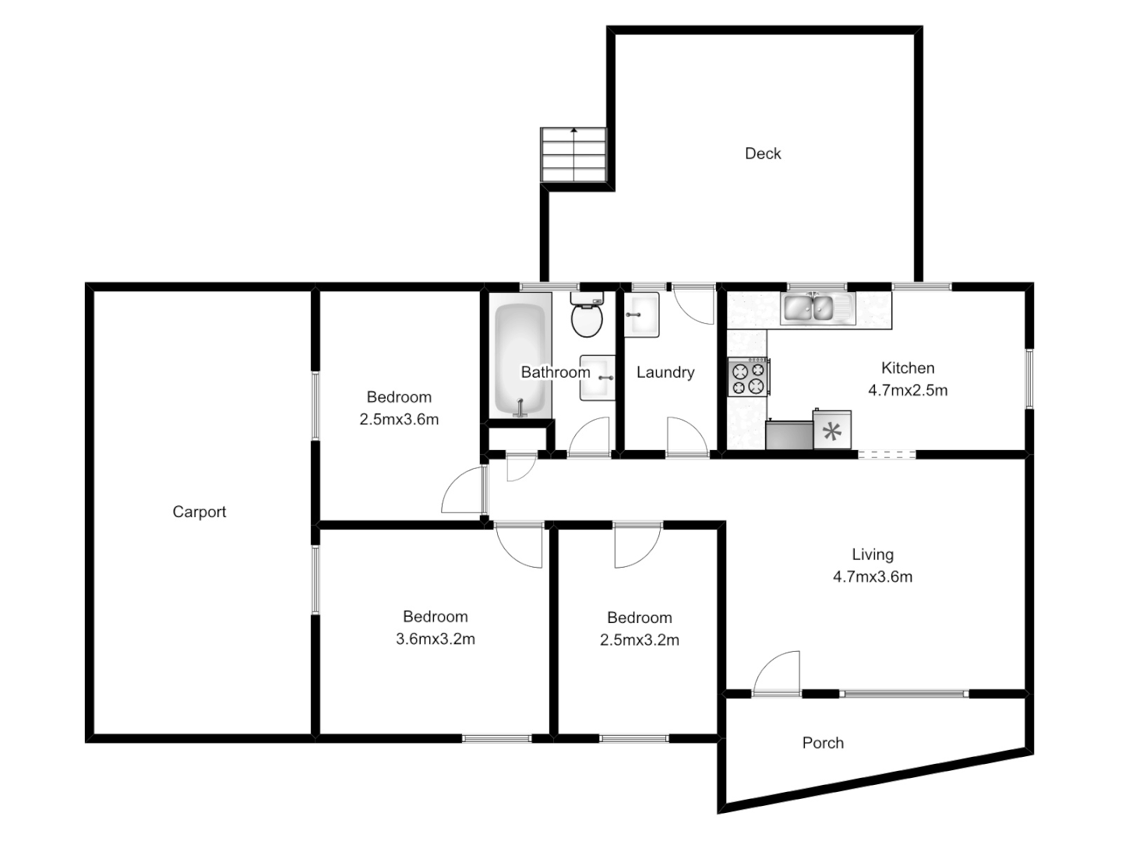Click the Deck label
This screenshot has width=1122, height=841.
(x=763, y=153)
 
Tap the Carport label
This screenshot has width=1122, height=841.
(x=199, y=512)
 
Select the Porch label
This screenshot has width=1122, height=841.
(x=823, y=743)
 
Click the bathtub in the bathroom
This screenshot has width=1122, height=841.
(x=521, y=360)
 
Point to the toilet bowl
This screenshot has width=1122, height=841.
(x=587, y=319)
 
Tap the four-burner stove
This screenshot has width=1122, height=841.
(x=748, y=377)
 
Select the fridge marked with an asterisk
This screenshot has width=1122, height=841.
(x=832, y=431)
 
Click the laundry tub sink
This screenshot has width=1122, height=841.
(x=642, y=314)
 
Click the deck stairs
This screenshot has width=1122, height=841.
(x=573, y=156)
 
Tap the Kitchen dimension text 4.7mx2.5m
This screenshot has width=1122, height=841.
(x=908, y=390)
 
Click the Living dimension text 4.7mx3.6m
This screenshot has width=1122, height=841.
(x=873, y=577)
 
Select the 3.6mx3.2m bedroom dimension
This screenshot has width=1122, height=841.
(x=436, y=639)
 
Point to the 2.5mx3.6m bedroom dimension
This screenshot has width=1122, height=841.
(x=399, y=420)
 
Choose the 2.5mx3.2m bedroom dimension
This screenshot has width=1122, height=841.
(x=640, y=640)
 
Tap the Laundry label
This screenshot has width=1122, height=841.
(x=665, y=372)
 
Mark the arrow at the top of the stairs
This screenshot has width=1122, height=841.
(x=574, y=131)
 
